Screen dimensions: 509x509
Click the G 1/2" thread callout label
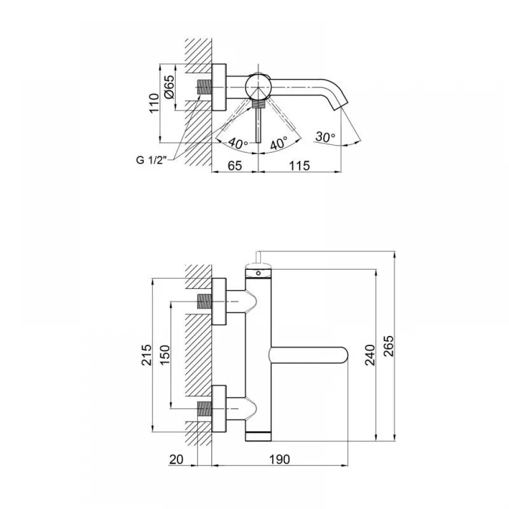click(x=151, y=160)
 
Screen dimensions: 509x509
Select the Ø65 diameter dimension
click(x=169, y=88)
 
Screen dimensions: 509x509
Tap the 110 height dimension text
click(x=154, y=103)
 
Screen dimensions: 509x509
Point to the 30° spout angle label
click(x=325, y=136)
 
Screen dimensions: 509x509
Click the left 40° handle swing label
click(x=238, y=143)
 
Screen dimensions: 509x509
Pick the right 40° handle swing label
click(x=279, y=143)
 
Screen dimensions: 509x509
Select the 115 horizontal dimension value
click(x=299, y=165)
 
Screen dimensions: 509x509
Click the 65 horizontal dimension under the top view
click(x=235, y=165)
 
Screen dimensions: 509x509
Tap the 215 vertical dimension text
click(x=147, y=355)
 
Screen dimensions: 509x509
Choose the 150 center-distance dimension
click(x=165, y=355)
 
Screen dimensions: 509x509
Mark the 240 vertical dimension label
click(x=370, y=355)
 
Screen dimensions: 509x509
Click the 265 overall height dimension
click(x=388, y=346)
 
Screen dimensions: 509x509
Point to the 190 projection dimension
click(x=279, y=459)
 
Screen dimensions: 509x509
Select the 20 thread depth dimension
click(x=176, y=459)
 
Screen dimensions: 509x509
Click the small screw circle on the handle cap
click(x=258, y=273)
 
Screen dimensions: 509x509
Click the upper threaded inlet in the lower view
click(x=204, y=301)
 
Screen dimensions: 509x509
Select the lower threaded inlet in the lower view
click(x=204, y=409)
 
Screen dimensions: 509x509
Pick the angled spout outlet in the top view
click(x=340, y=104)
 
